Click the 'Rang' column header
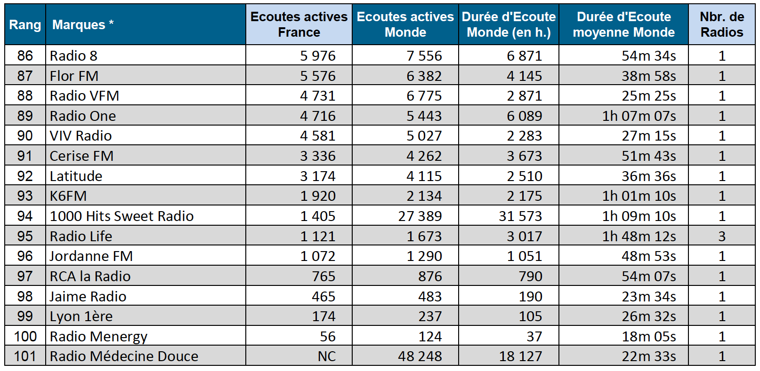(25, 24)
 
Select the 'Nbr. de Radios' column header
(721, 24)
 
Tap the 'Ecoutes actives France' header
(299, 24)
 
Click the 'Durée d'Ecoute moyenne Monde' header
(623, 24)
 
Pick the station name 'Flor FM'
(74, 76)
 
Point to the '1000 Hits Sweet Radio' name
(121, 216)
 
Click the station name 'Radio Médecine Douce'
(124, 356)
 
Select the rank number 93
(25, 196)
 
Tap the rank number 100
(25, 336)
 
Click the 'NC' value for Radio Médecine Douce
(326, 356)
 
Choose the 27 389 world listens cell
(420, 216)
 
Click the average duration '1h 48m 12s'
(639, 236)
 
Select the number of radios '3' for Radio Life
(721, 236)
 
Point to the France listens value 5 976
(317, 55)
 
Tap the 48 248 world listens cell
(420, 356)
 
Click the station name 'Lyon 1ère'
(81, 316)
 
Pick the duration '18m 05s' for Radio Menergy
(648, 336)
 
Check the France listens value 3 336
(317, 156)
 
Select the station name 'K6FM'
(68, 196)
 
